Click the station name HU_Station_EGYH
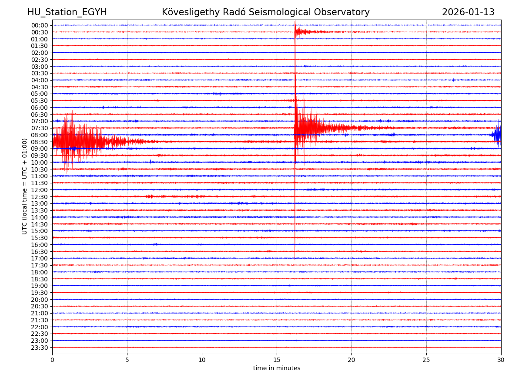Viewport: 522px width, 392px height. (67, 12)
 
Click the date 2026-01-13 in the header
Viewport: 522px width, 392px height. (468, 12)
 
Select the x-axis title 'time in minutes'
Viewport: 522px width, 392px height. (277, 368)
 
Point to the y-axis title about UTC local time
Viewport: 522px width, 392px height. (25, 186)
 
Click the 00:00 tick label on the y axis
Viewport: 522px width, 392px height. (40, 25)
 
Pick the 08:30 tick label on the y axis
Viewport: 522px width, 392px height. (40, 142)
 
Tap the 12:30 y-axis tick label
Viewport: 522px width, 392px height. (40, 197)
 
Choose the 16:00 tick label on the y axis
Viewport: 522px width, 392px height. (40, 245)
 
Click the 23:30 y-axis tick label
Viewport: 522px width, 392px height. (40, 348)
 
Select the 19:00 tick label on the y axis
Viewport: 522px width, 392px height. (40, 286)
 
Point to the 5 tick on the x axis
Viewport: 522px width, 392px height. (127, 360)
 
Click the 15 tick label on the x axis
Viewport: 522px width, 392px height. (277, 360)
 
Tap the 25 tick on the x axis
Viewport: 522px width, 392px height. (426, 360)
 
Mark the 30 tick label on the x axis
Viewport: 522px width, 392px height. (501, 360)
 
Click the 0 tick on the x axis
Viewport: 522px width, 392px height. (52, 360)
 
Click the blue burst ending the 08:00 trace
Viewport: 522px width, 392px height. (497, 135)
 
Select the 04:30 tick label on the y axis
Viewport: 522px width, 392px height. (40, 87)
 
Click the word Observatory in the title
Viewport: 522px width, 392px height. (344, 12)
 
